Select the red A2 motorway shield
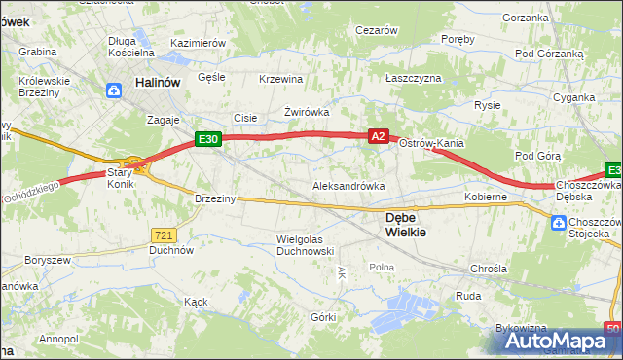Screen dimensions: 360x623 [380, 138]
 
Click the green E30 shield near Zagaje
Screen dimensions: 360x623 [208, 140]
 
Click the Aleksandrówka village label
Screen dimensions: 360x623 [348, 185]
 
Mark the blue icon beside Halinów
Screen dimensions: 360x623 [114, 90]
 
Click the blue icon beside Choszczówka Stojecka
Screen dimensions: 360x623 [558, 223]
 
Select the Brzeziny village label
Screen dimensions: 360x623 [215, 198]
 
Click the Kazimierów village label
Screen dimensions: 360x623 [198, 44]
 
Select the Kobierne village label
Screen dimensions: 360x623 [487, 197]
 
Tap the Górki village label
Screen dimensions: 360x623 [323, 317]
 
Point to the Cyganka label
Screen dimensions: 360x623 [573, 97]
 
